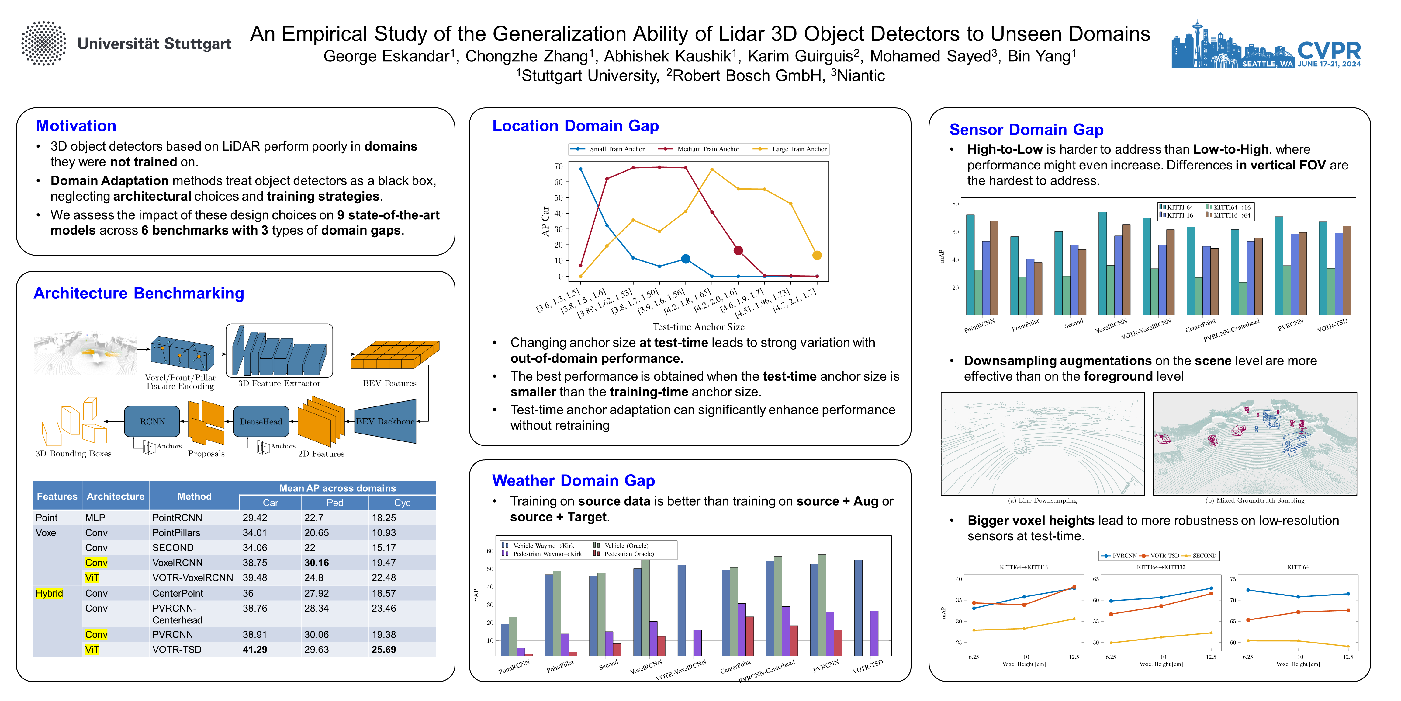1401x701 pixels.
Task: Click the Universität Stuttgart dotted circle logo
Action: pyautogui.click(x=43, y=44)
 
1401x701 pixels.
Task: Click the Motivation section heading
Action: pyautogui.click(x=76, y=126)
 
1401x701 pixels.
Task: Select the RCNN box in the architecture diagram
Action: pyautogui.click(x=152, y=421)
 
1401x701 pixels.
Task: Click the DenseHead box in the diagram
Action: pyautogui.click(x=261, y=421)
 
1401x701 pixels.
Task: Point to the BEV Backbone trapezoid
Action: pyautogui.click(x=385, y=421)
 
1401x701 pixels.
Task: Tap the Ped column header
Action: pyautogui.click(x=334, y=502)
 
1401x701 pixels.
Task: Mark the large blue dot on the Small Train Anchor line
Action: pyautogui.click(x=686, y=259)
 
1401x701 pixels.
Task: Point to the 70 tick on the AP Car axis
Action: pyautogui.click(x=559, y=166)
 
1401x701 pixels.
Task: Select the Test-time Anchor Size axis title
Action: pyautogui.click(x=698, y=326)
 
